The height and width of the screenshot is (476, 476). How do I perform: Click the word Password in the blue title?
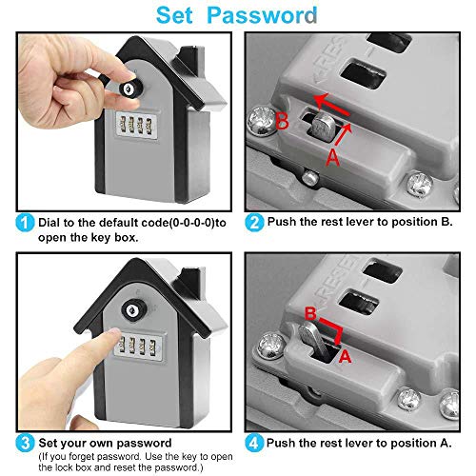pyautogui.click(x=262, y=15)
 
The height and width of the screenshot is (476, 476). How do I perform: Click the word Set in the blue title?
pyautogui.click(x=174, y=15)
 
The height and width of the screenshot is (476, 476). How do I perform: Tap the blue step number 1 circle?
pyautogui.click(x=25, y=223)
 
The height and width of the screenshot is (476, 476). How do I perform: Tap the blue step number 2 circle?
pyautogui.click(x=254, y=223)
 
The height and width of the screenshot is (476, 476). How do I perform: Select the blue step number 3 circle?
pyautogui.click(x=25, y=443)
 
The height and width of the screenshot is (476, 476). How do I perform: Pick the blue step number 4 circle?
pyautogui.click(x=254, y=443)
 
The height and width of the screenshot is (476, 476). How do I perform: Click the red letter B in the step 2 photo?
pyautogui.click(x=282, y=121)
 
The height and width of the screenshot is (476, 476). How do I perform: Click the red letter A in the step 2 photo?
pyautogui.click(x=332, y=157)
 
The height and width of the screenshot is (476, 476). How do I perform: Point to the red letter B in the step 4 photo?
pyautogui.click(x=310, y=313)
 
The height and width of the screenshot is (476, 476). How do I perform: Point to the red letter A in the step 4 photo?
pyautogui.click(x=346, y=356)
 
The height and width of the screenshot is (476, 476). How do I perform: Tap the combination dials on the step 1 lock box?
pyautogui.click(x=136, y=125)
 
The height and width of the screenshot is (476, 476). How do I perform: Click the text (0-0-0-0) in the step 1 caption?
pyautogui.click(x=191, y=223)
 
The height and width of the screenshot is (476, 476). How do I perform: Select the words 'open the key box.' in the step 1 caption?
pyautogui.click(x=89, y=238)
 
